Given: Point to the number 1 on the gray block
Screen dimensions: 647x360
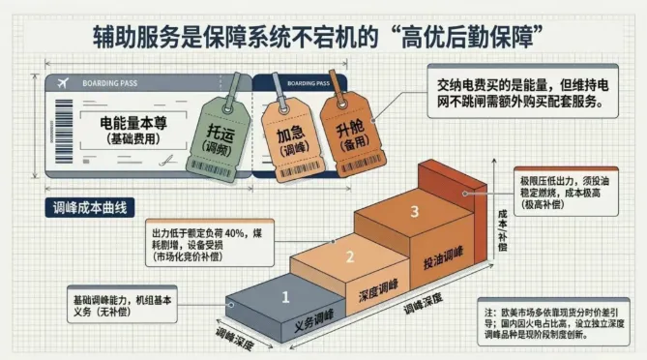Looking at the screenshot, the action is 286,298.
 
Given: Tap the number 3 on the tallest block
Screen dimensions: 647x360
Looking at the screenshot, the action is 414,211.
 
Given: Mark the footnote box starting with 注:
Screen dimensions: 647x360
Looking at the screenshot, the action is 556,323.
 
